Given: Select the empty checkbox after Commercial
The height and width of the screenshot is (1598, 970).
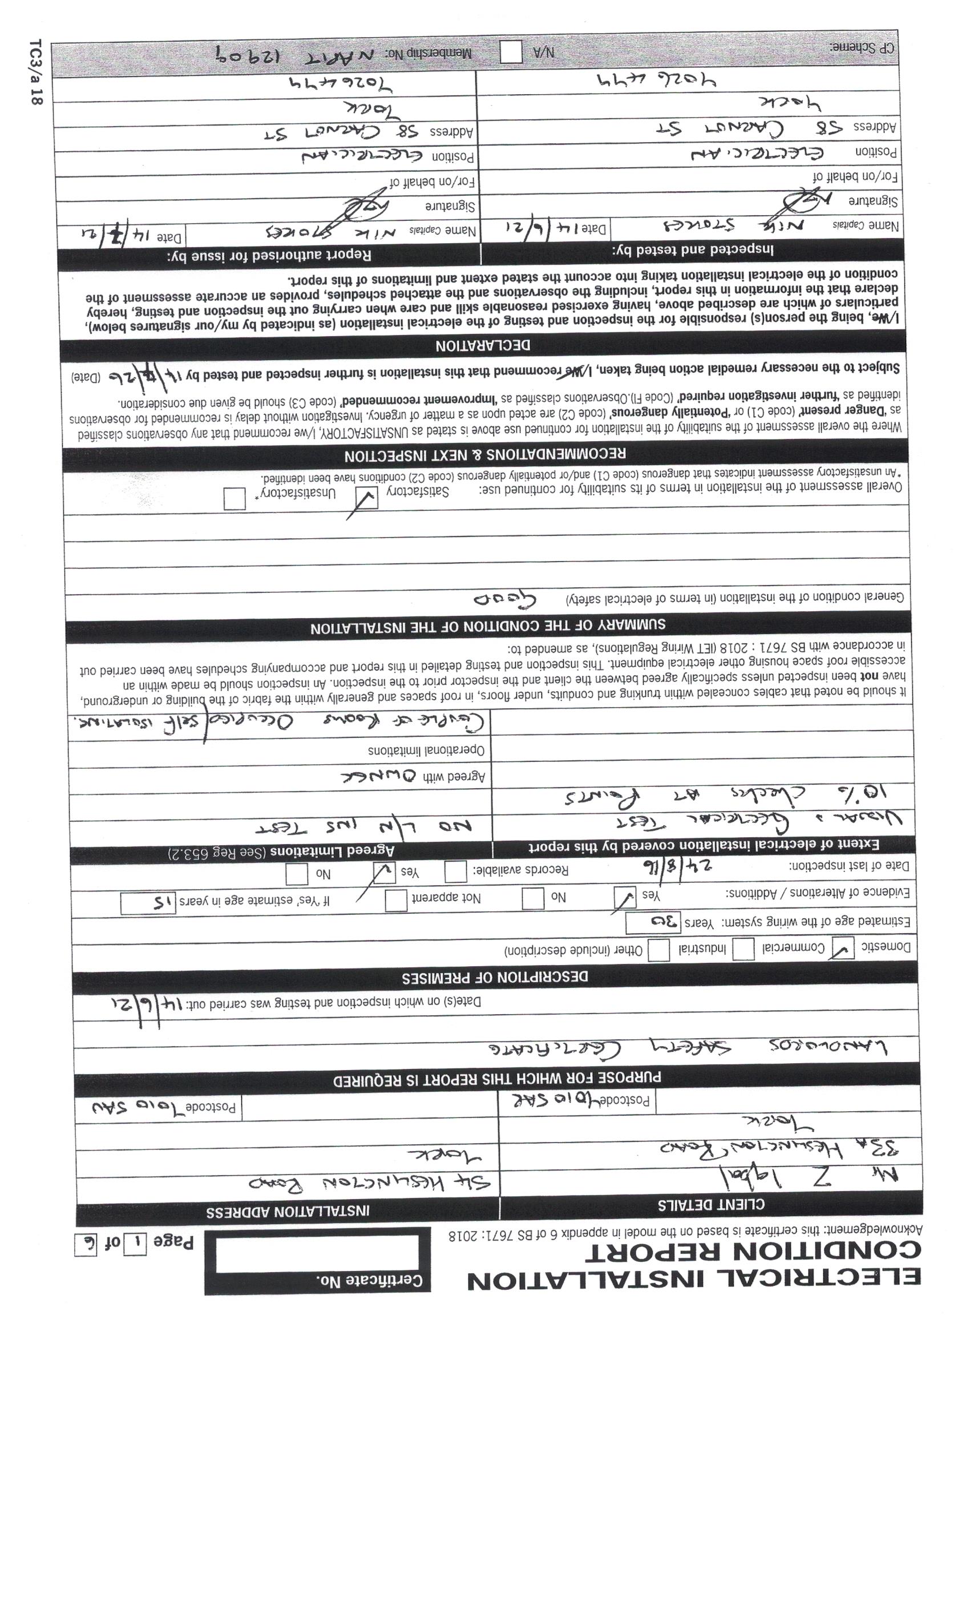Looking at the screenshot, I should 743,950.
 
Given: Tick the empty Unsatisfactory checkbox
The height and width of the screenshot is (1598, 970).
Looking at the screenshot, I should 234,499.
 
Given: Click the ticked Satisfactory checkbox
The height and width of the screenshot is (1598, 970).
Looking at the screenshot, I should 367,498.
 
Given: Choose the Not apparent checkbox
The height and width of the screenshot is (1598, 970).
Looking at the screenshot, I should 395,900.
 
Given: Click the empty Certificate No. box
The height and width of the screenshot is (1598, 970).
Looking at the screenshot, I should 317,1254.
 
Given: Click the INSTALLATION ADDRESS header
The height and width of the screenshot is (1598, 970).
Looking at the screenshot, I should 288,1211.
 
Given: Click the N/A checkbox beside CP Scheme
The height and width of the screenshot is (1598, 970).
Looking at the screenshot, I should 511,53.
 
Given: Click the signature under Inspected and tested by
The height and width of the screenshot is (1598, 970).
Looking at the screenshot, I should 794,205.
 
